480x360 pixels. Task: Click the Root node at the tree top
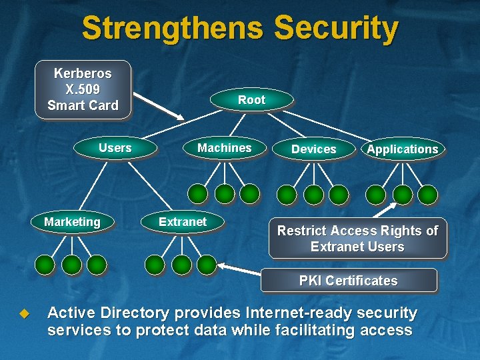pos(251,100)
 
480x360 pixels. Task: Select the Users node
pos(115,148)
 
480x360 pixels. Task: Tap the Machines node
pos(225,148)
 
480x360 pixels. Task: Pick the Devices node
pos(313,149)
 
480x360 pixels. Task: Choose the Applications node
pos(403,149)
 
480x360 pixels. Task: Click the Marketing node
pos(72,222)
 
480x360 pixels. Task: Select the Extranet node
pos(183,222)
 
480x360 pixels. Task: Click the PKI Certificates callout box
pos(348,281)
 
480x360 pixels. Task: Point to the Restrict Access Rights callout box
pos(357,239)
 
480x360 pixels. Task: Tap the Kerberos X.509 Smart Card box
pos(83,89)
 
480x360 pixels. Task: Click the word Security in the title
pos(335,29)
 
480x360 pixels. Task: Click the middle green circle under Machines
pos(225,194)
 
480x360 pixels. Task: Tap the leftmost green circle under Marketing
pos(45,265)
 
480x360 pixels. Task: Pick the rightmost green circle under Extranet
pos(207,265)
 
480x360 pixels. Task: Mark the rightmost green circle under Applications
pos(427,194)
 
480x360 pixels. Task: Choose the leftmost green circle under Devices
pos(287,194)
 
